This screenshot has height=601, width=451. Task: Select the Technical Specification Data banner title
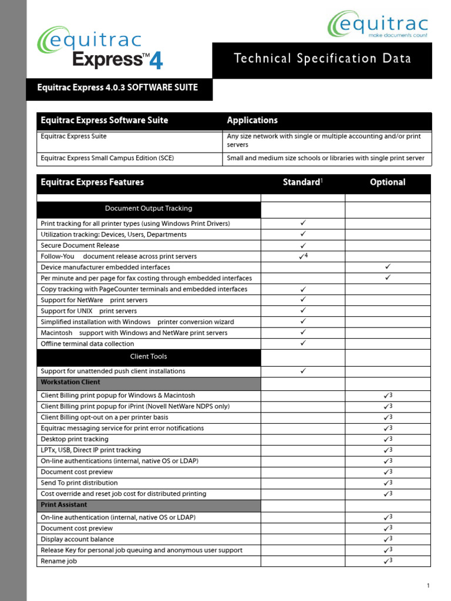[322, 59]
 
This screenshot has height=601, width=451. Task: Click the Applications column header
[253, 120]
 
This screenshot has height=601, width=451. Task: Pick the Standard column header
[302, 182]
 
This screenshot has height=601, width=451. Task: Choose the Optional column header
[388, 182]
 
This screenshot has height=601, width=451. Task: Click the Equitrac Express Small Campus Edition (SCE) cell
[107, 158]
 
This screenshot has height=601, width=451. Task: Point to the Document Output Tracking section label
[149, 208]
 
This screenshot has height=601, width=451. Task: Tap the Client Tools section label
[149, 356]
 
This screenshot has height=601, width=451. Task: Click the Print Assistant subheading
[64, 505]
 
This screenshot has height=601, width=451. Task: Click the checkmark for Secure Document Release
[303, 245]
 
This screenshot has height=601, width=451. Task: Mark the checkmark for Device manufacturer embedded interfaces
[388, 267]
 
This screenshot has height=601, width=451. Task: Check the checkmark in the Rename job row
[387, 561]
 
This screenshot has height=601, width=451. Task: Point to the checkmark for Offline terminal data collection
[303, 343]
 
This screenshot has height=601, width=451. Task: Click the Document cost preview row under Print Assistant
[77, 528]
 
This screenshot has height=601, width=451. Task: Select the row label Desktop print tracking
[75, 439]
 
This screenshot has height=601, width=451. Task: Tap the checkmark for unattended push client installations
[303, 371]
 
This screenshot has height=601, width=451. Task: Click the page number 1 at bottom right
[428, 586]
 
